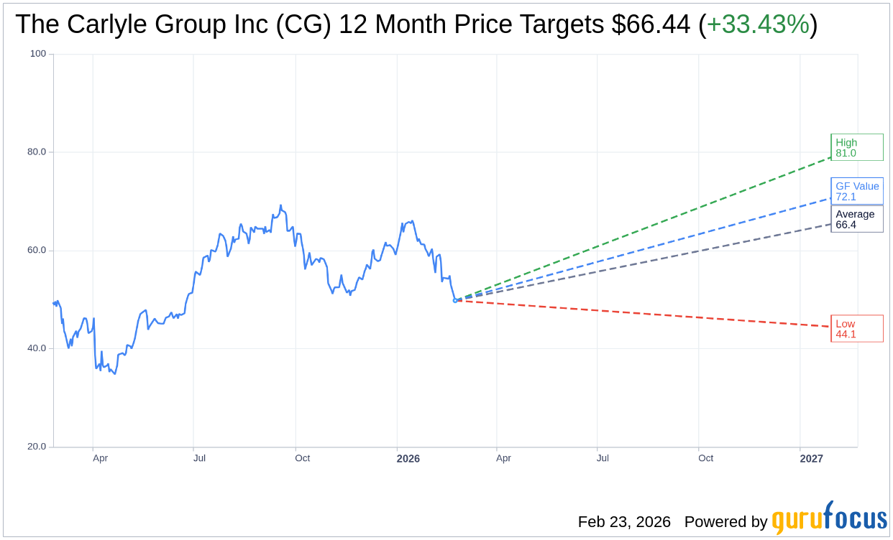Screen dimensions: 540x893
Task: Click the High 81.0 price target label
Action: (856, 147)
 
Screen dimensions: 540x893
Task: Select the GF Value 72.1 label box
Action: (856, 191)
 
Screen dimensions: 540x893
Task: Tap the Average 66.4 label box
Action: (856, 219)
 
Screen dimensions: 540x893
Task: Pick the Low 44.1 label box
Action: (856, 328)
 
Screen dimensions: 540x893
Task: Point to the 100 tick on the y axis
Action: (37, 54)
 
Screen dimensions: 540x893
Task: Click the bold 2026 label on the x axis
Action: (408, 458)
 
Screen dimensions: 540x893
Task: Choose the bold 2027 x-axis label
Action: (811, 458)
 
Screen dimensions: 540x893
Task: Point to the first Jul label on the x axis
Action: (200, 458)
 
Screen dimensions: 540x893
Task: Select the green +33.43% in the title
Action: (758, 24)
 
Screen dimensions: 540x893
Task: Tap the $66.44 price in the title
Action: (651, 24)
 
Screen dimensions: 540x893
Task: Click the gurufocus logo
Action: (829, 518)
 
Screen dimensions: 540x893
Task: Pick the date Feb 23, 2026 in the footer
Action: (624, 522)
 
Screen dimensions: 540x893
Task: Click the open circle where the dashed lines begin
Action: (455, 300)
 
